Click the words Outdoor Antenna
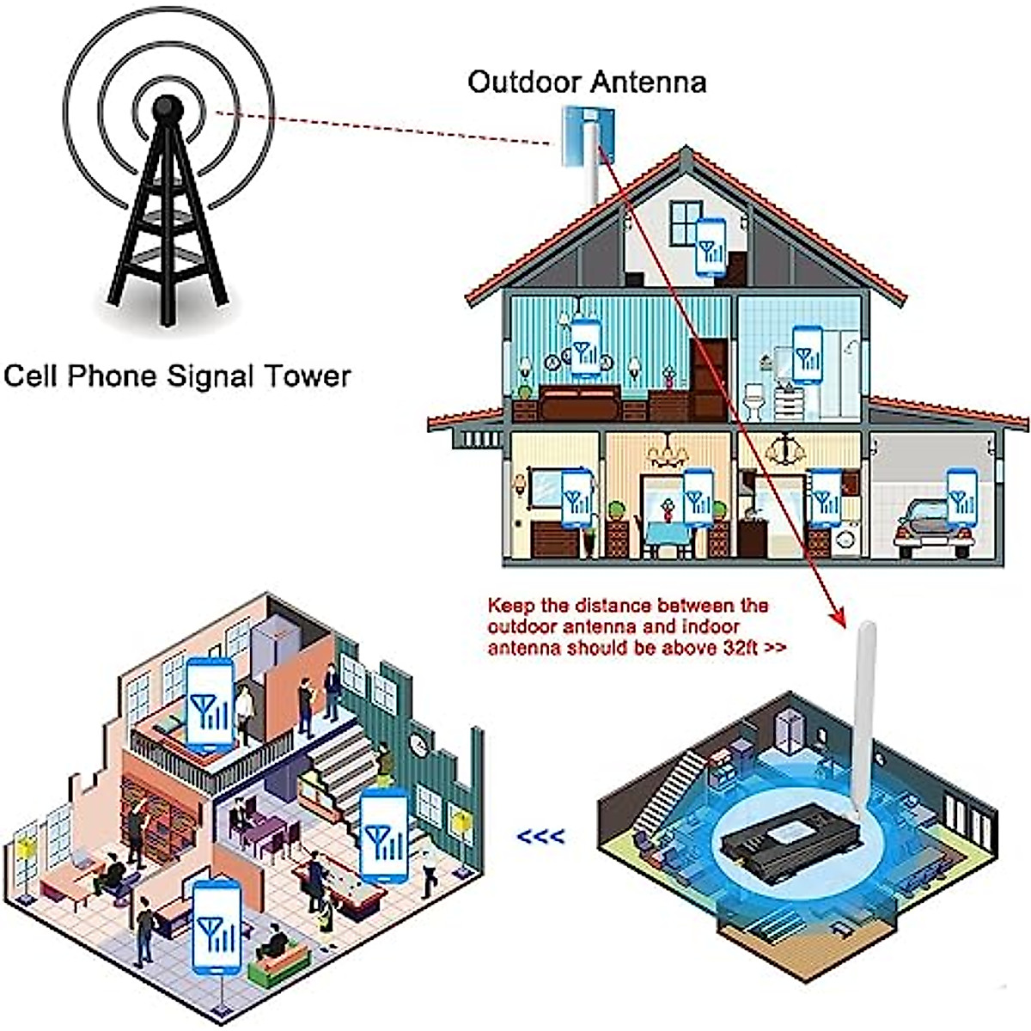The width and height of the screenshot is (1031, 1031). point(587,82)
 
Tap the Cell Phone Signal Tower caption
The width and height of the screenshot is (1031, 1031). point(177,376)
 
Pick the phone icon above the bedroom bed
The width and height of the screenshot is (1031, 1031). point(586,348)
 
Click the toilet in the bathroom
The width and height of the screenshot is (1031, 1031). point(753,401)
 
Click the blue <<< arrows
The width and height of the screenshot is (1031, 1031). point(541,835)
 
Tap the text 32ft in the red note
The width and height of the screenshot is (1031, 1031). point(733,648)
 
